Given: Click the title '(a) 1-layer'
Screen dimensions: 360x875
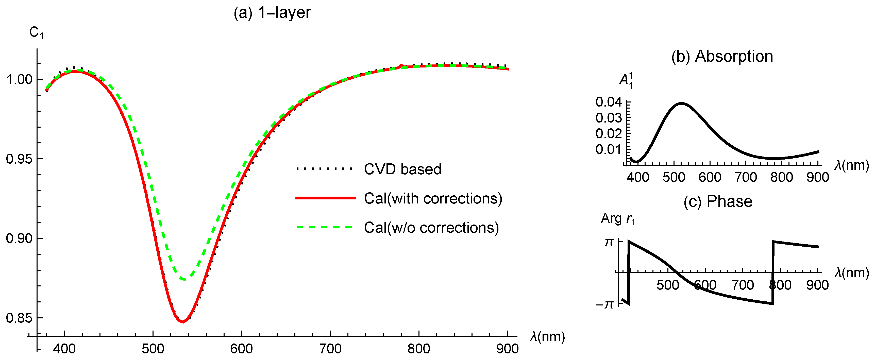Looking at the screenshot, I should pyautogui.click(x=272, y=13).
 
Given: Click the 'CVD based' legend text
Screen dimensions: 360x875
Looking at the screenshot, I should pyautogui.click(x=402, y=169).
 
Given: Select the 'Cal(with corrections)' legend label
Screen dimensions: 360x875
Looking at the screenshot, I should pyautogui.click(x=433, y=198).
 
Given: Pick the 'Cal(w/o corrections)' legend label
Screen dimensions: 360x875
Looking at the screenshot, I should pyautogui.click(x=431, y=228).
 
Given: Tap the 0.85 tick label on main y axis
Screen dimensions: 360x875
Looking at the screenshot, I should pyautogui.click(x=19, y=318).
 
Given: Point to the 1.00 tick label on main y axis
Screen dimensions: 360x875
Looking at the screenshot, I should pyautogui.click(x=19, y=79).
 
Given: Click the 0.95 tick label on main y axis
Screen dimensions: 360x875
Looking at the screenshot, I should pyautogui.click(x=19, y=159).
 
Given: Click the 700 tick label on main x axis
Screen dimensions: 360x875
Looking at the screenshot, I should pyautogui.click(x=330, y=349).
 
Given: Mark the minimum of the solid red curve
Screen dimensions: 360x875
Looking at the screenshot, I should pyautogui.click(x=182, y=322).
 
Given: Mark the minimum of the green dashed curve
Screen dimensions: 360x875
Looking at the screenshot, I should pyautogui.click(x=183, y=279).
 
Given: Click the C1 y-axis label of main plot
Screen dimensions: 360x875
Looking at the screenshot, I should pyautogui.click(x=36, y=33).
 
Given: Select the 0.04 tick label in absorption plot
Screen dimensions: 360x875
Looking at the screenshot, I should pyautogui.click(x=608, y=102).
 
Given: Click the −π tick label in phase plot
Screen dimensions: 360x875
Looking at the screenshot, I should pyautogui.click(x=605, y=304).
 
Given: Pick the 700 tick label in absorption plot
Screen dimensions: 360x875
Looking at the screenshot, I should pyautogui.click(x=746, y=177).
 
